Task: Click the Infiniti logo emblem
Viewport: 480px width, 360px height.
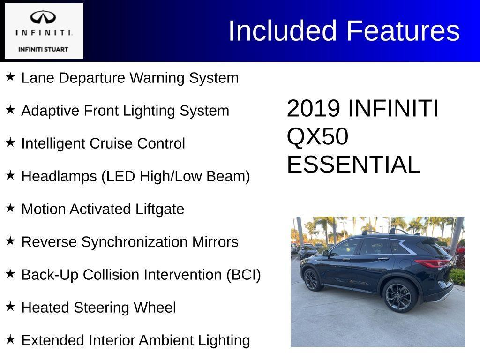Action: coord(43,18)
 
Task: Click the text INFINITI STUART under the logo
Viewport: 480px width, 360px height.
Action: coord(43,49)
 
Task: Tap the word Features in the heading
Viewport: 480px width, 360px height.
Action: coord(403,31)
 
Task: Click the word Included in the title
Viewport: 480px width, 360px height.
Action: coord(283,31)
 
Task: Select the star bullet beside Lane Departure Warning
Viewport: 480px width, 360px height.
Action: coord(10,77)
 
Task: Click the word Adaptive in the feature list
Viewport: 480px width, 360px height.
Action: coord(51,111)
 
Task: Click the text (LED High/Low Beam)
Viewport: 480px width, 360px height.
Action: coord(175,176)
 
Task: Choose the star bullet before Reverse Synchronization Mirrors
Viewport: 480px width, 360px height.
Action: coord(10,241)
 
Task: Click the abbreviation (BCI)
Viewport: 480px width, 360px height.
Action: coord(243,275)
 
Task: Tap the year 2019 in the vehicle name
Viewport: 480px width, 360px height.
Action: coord(313,109)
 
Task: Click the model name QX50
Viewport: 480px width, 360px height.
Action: coord(317,137)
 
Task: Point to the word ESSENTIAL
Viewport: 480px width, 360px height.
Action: coord(353,165)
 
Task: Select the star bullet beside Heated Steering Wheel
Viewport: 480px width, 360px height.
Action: coord(10,307)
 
